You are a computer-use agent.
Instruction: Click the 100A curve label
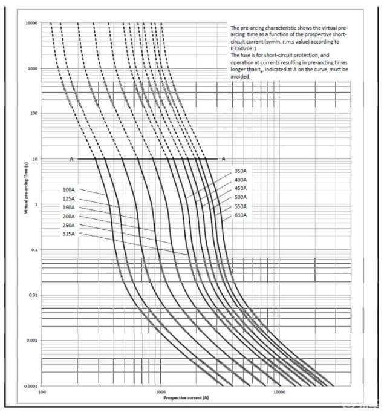click(68, 189)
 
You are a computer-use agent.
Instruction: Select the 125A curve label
click(68, 198)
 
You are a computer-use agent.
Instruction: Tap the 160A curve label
click(68, 207)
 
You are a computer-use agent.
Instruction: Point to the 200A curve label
click(68, 216)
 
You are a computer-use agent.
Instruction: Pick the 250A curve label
click(68, 225)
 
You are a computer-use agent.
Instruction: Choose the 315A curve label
click(68, 234)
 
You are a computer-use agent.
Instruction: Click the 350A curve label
click(241, 171)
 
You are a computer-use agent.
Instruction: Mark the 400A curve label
click(241, 180)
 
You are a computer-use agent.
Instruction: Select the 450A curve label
click(241, 189)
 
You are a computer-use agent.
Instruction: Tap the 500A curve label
click(241, 198)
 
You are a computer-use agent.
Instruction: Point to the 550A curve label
click(241, 206)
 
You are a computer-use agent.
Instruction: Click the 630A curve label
click(241, 215)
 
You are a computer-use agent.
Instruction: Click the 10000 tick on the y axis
click(31, 23)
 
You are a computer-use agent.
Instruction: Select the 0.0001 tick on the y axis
click(31, 385)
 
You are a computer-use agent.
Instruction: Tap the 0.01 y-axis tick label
click(33, 295)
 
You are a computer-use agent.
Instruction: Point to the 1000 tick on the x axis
click(160, 392)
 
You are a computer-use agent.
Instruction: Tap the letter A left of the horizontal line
click(71, 159)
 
